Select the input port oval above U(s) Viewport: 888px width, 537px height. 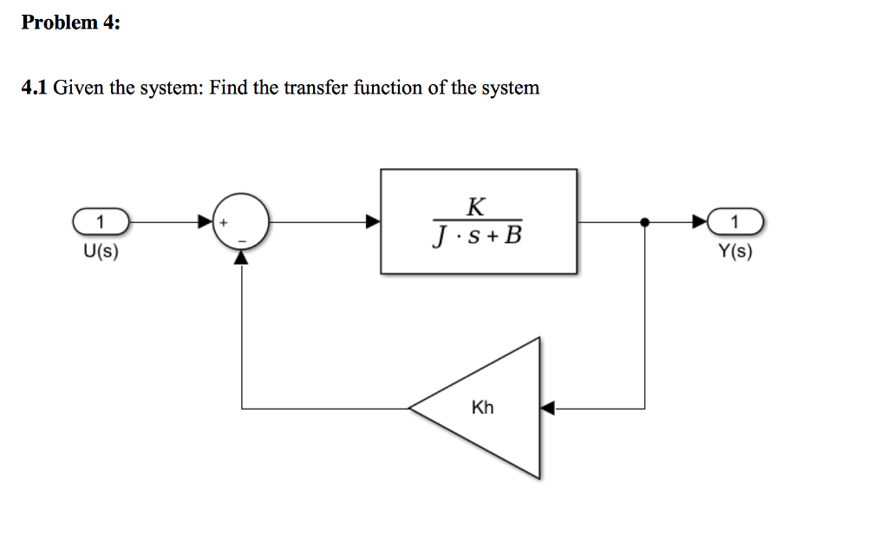[x=101, y=222]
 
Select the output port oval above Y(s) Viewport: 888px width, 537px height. [x=736, y=222]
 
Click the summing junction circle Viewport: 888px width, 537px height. [x=242, y=222]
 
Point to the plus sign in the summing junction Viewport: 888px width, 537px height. [x=224, y=223]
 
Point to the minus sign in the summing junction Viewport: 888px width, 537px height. [x=243, y=239]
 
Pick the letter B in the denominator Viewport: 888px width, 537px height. [x=513, y=236]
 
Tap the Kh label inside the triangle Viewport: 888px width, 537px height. [x=482, y=407]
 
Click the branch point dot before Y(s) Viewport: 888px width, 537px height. [x=643, y=222]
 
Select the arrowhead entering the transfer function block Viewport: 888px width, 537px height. [x=373, y=222]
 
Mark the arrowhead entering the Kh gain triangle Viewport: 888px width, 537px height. [x=546, y=407]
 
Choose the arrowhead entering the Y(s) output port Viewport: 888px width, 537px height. [x=700, y=222]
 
